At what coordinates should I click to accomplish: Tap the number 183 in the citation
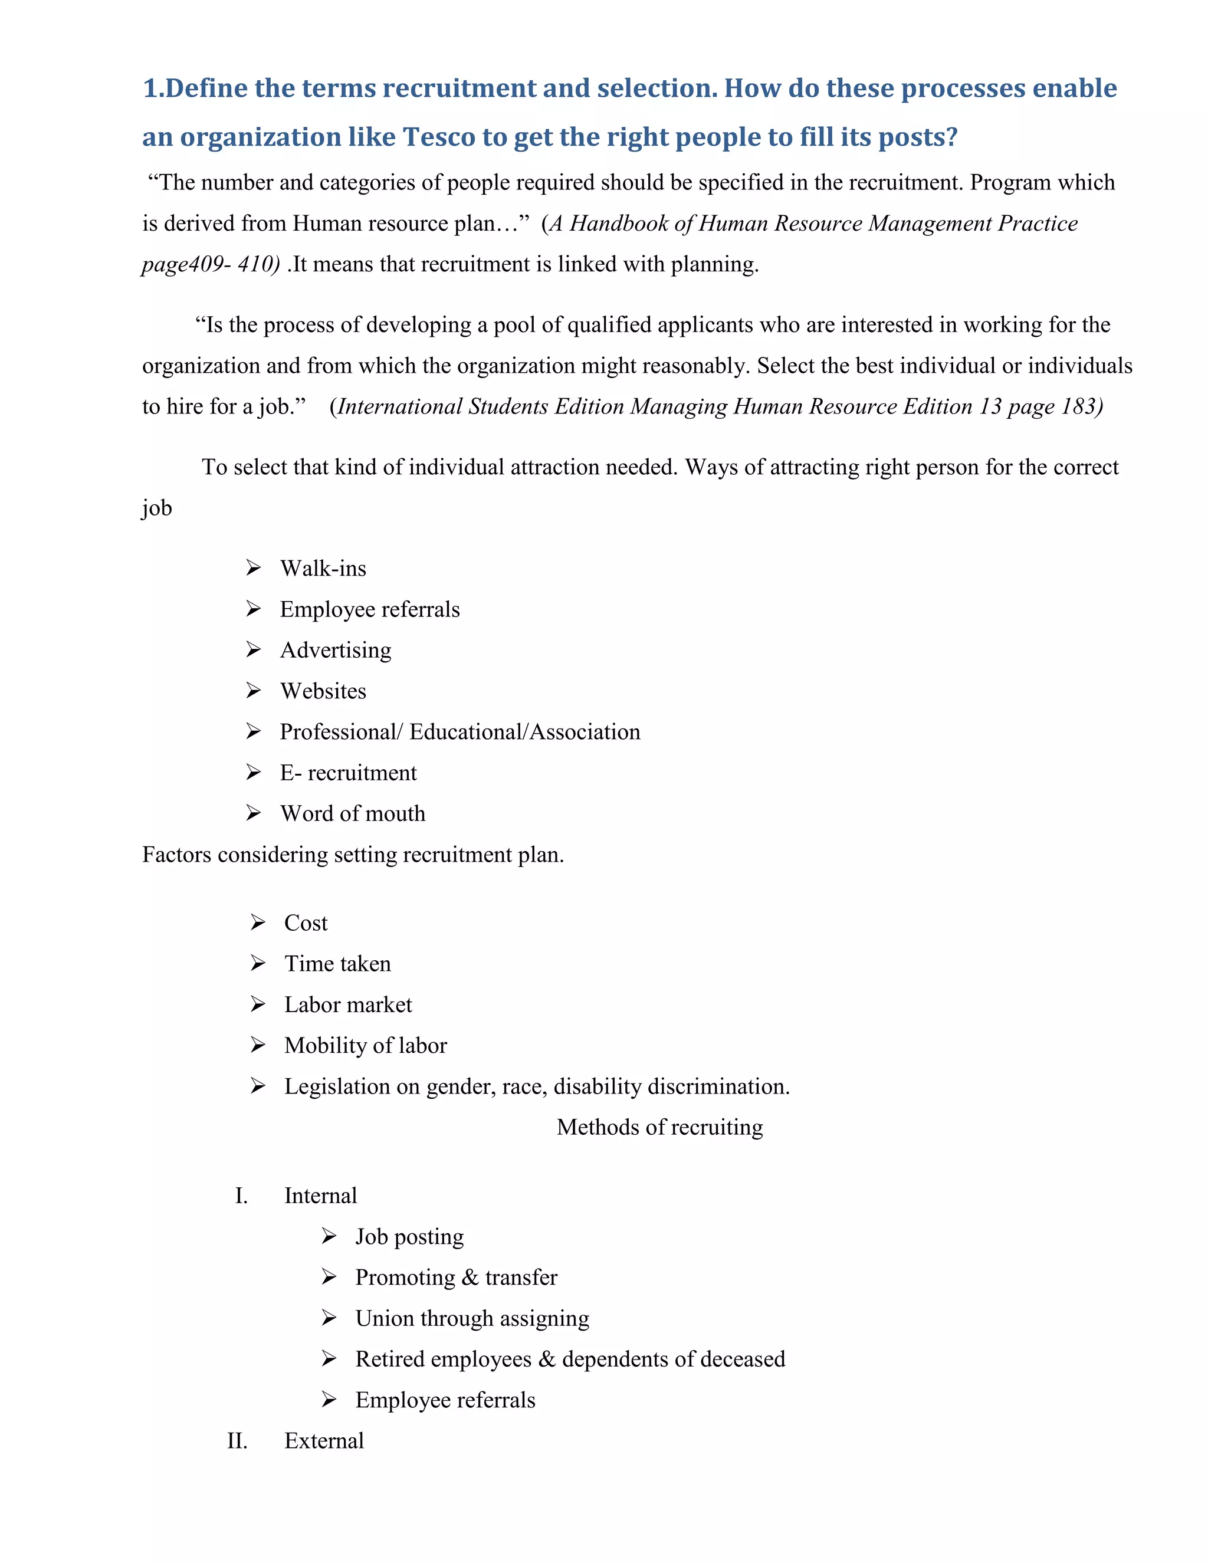click(1080, 406)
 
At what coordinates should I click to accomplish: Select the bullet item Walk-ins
click(323, 568)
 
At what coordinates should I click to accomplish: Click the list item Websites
click(323, 691)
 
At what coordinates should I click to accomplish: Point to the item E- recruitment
click(348, 773)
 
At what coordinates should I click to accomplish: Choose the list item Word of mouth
click(352, 814)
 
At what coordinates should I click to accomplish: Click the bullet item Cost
click(306, 922)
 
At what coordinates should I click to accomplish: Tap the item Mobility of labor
click(365, 1046)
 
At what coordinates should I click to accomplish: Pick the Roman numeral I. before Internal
click(242, 1196)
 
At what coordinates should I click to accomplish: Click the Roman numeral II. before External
click(238, 1441)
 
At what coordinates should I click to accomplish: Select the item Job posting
click(409, 1237)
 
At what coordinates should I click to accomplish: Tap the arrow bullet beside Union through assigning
click(329, 1318)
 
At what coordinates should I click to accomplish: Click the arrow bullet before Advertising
click(253, 649)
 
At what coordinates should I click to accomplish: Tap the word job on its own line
click(157, 508)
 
